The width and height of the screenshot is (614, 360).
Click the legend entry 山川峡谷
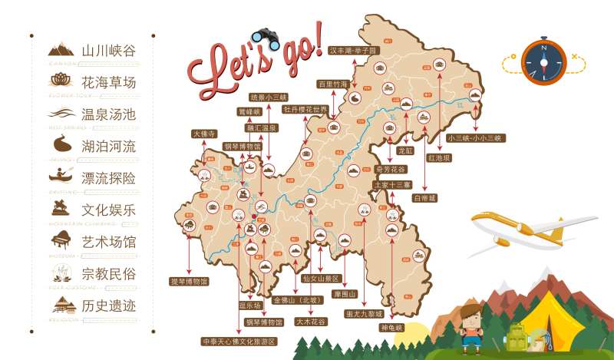point(108,50)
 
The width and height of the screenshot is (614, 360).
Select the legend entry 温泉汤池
point(108,114)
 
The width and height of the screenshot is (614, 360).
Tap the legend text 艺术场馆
point(108,242)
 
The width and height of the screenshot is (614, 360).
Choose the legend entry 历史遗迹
point(108,306)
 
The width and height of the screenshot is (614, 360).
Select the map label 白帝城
point(424,197)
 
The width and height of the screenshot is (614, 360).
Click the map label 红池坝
point(439,157)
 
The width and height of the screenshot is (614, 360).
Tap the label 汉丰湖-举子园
point(354,50)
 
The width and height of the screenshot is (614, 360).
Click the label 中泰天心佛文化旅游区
point(238,341)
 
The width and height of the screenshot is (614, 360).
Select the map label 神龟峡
point(391,327)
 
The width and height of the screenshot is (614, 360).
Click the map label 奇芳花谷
point(390,169)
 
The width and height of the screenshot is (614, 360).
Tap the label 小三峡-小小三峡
point(476,138)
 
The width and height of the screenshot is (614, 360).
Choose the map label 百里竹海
point(333,83)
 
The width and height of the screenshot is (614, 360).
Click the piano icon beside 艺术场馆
point(61,240)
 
